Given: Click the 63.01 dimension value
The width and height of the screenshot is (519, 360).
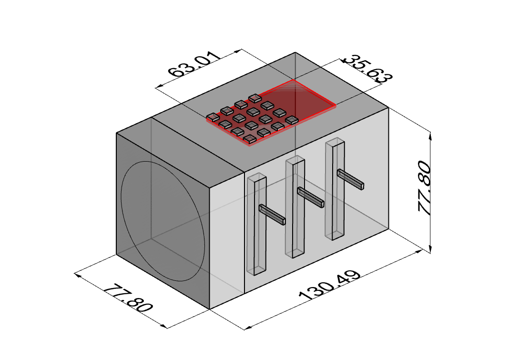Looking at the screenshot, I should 194,65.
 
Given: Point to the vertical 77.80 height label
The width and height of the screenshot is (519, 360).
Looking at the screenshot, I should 424,187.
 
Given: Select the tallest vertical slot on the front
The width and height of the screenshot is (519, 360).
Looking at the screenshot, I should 335,188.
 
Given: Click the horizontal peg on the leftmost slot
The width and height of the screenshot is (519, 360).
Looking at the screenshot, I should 272,215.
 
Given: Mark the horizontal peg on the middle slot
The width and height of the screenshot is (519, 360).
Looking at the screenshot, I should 311,197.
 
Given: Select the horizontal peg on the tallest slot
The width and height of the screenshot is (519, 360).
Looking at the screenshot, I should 350,179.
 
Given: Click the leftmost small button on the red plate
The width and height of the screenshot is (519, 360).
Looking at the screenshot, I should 213,116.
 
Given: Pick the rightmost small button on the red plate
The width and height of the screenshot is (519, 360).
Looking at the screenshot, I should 292,120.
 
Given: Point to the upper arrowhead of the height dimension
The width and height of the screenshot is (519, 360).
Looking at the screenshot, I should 431,135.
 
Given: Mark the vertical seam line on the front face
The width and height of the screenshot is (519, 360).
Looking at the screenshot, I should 244,229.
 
